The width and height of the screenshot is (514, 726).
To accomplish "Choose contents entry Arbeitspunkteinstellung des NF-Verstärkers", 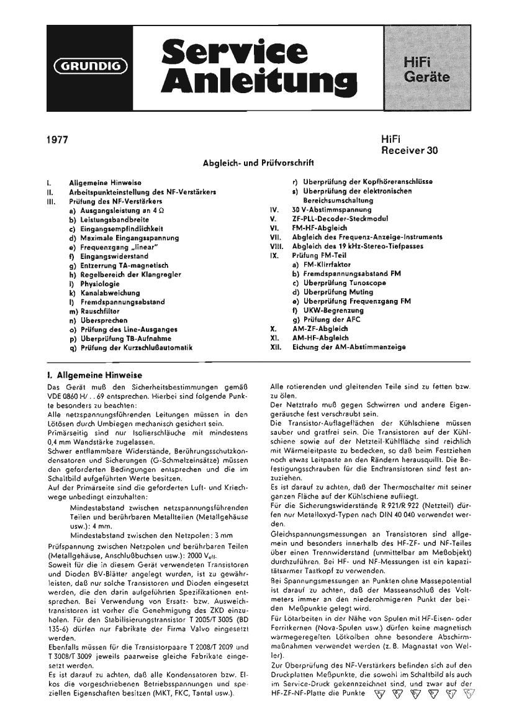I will coord(142,192).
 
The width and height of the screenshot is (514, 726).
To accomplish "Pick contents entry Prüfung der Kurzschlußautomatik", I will coord(137,348).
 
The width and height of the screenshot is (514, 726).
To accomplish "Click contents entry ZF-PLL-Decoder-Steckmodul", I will coord(340,219).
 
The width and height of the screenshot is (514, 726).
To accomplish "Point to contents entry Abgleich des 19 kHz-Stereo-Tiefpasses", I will coord(359,247).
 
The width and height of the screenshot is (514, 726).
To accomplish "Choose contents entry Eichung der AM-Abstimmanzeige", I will coord(349,348).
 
